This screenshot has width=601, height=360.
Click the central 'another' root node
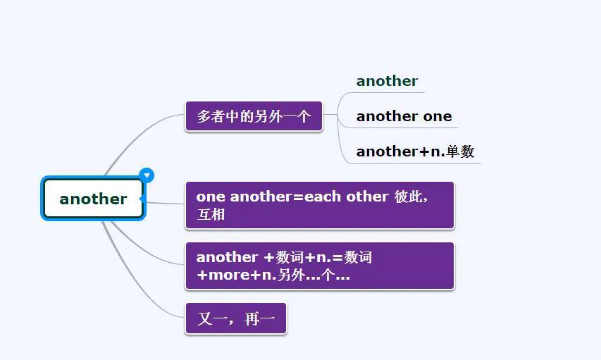point(93,199)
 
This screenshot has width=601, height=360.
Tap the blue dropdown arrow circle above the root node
point(147,175)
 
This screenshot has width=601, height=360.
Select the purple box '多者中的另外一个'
point(254,116)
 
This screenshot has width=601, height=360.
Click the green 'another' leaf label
point(387,81)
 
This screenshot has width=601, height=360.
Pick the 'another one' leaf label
point(404,116)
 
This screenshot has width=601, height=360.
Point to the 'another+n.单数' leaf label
point(415,151)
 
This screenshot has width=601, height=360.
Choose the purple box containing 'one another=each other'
point(319,205)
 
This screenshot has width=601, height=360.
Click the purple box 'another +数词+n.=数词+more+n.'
point(319,266)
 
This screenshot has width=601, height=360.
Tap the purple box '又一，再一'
point(235,319)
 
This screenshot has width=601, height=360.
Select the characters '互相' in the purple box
point(211,214)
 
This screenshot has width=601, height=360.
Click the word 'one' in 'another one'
point(438,116)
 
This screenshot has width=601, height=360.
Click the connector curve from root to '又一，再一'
point(134,282)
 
